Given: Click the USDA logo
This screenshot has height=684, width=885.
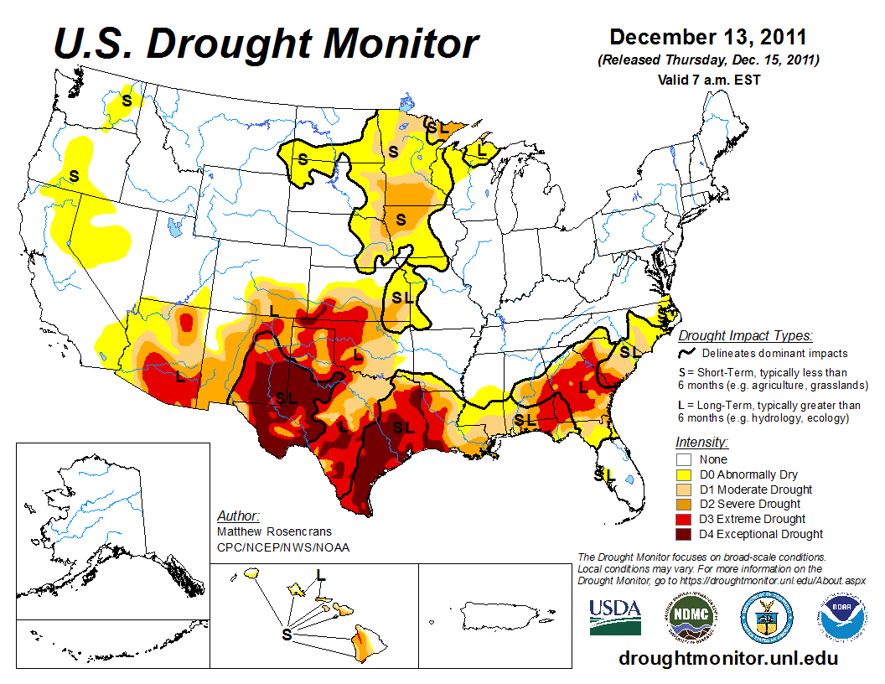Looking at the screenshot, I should (615, 618).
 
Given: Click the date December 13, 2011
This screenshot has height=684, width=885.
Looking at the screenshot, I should (707, 38).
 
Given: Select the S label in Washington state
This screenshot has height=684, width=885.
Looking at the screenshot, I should (127, 100).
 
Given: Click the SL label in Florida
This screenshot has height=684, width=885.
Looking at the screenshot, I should (604, 474).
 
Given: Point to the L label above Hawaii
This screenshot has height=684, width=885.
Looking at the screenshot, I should (320, 574).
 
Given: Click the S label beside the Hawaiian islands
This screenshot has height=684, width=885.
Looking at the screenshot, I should (287, 635).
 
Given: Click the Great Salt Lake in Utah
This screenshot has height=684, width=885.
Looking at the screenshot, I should (173, 227).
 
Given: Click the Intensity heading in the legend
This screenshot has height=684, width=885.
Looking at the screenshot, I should (701, 442).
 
